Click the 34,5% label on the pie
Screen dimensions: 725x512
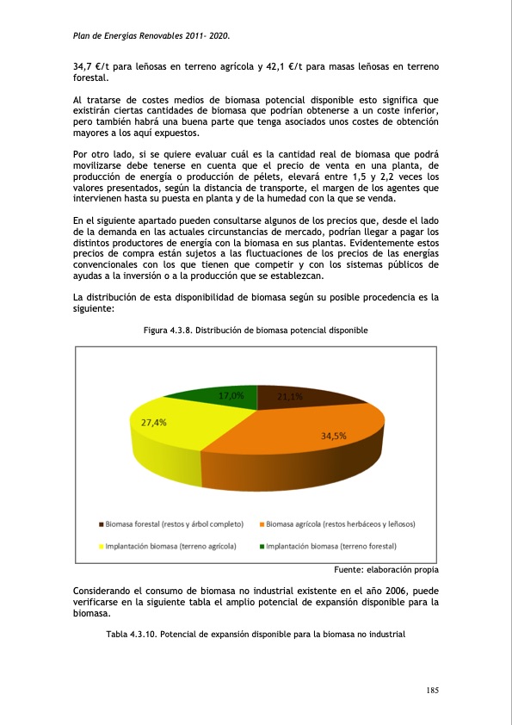click(333, 436)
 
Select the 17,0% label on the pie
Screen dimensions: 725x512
click(231, 396)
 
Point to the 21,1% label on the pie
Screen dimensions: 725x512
click(290, 397)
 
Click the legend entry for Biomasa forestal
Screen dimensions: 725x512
click(171, 524)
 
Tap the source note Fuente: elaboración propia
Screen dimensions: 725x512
click(386, 569)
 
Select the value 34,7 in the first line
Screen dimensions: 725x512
click(83, 65)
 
